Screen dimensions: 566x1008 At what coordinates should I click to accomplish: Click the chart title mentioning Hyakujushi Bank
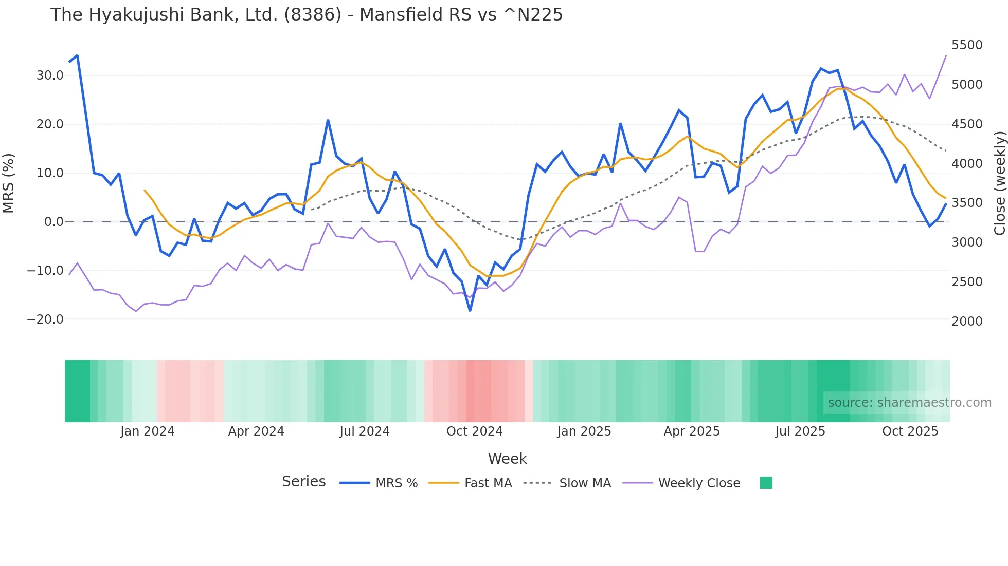[x=307, y=15]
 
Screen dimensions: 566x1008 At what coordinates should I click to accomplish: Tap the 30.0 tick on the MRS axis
[x=50, y=76]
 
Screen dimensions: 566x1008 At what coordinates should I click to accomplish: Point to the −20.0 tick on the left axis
[x=45, y=319]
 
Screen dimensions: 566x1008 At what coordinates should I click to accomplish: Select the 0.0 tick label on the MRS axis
[x=54, y=222]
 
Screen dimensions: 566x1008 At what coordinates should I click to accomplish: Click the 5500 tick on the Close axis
[x=967, y=45]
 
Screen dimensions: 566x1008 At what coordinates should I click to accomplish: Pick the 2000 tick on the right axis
[x=967, y=322]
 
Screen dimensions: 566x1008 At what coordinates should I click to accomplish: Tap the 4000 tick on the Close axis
[x=967, y=164]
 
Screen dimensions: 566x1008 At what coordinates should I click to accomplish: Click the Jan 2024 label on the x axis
[x=148, y=431]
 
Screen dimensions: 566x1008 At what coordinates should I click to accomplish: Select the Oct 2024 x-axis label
[x=474, y=431]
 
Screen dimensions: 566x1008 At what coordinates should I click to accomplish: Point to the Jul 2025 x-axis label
[x=800, y=431]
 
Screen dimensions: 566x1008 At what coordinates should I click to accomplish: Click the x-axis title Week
[x=507, y=459]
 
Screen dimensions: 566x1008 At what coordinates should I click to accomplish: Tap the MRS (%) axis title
[x=9, y=183]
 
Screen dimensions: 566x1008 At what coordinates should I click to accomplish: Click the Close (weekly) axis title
[x=999, y=183]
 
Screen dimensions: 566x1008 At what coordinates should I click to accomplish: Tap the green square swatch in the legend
[x=766, y=483]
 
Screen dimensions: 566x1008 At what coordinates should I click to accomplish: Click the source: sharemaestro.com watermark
[x=909, y=403]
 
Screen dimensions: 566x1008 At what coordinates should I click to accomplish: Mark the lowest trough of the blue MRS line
[x=470, y=311]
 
